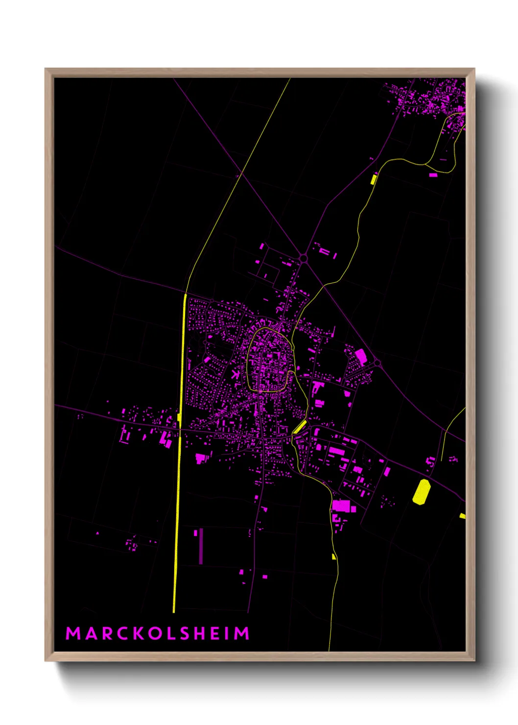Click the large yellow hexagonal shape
(x=421, y=491)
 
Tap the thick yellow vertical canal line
(x=179, y=465)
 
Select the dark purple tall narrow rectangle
(x=201, y=546)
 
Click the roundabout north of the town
(x=303, y=258)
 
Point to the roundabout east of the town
(x=377, y=363)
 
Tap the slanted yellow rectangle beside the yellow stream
(x=299, y=427)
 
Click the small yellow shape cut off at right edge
(x=462, y=516)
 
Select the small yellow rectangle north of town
(x=374, y=179)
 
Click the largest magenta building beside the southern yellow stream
(x=341, y=506)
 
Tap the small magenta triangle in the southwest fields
(x=97, y=533)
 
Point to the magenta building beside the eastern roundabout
(x=361, y=356)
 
